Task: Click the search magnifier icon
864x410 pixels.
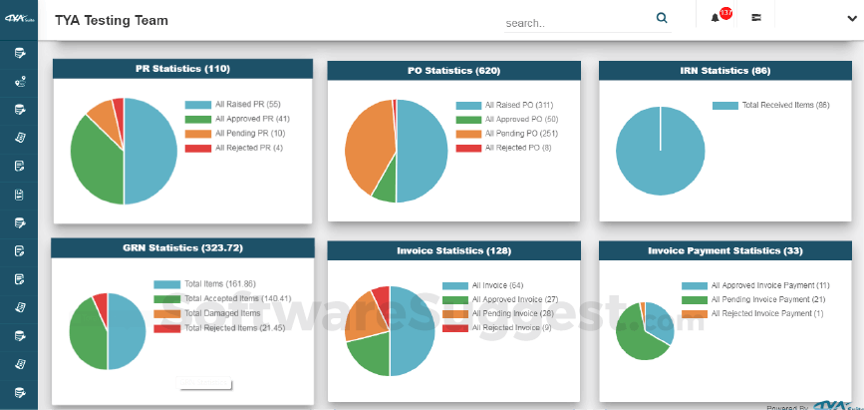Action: [662, 18]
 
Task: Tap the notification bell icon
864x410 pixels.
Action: [716, 18]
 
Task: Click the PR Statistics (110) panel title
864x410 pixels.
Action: [182, 69]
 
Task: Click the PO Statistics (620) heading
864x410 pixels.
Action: [453, 71]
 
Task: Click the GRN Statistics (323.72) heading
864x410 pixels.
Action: [182, 247]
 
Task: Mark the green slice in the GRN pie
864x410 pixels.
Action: [85, 335]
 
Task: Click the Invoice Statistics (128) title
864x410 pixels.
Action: [453, 250]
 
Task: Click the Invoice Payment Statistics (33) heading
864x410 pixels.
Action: [724, 250]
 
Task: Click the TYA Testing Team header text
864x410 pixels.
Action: [112, 20]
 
